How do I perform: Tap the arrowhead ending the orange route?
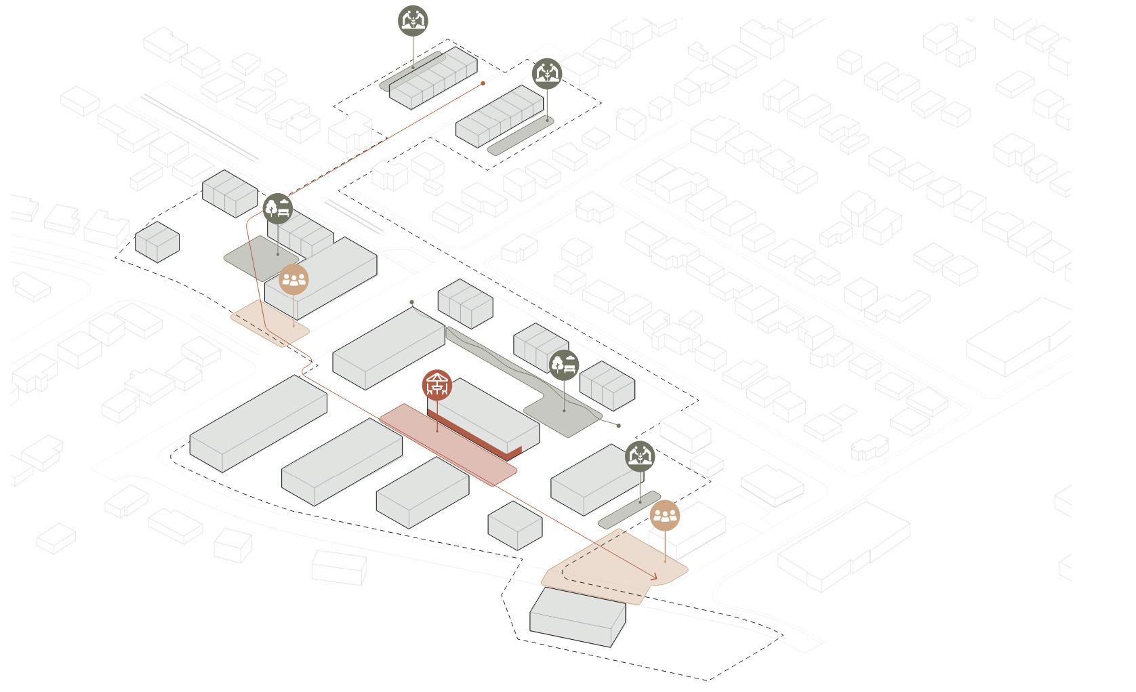[655, 577]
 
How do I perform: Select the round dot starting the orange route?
[483, 83]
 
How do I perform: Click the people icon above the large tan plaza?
[665, 516]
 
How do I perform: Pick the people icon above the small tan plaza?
[294, 279]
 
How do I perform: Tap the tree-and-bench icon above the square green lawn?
[278, 208]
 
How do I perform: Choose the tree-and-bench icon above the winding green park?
[564, 365]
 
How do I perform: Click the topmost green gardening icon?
[413, 20]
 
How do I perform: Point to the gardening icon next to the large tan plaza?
[640, 456]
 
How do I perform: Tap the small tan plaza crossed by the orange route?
[270, 323]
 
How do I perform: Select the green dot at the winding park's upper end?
[412, 302]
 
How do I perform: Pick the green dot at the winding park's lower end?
[618, 426]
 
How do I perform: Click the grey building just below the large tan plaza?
[577, 616]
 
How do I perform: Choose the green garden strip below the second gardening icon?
[521, 136]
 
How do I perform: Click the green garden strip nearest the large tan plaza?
[629, 510]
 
